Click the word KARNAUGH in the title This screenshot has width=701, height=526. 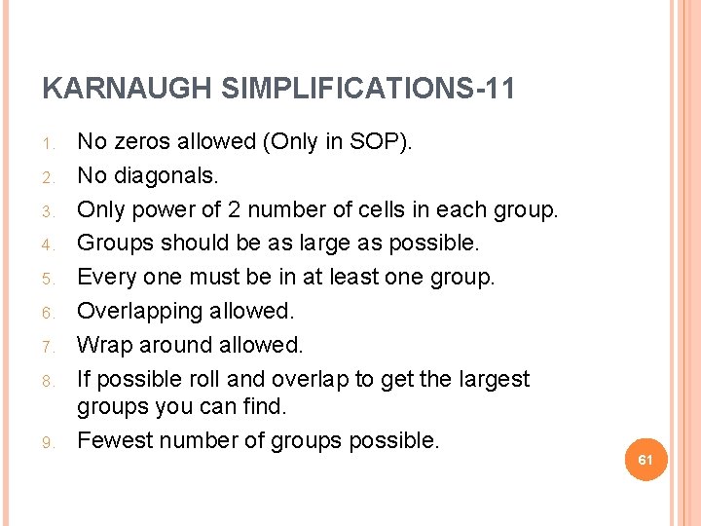pyautogui.click(x=127, y=90)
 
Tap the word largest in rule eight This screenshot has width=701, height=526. pyautogui.click(x=493, y=379)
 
